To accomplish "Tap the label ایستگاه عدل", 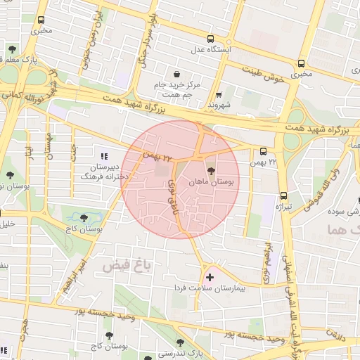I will (207, 51).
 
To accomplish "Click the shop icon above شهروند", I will (219, 94).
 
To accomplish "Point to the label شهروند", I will (219, 104).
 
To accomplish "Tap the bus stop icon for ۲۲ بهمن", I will (263, 151).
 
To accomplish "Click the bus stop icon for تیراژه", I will (284, 195).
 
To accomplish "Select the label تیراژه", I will (285, 207).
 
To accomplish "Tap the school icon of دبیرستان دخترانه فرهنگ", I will (105, 156).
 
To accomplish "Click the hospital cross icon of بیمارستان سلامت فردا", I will (209, 278).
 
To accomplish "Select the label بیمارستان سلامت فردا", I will (210, 289).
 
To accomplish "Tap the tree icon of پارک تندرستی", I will (180, 342).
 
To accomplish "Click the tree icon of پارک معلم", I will (12, 49).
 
